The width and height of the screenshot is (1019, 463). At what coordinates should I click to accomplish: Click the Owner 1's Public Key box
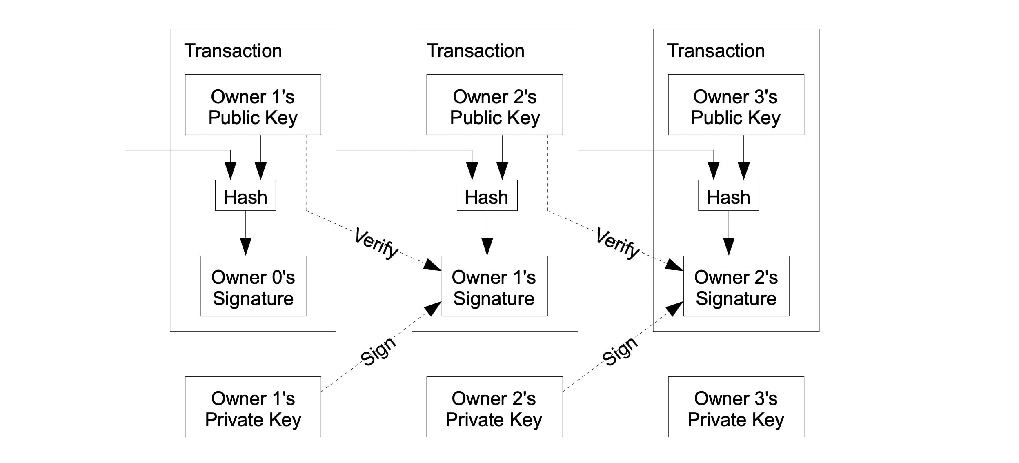click(x=253, y=105)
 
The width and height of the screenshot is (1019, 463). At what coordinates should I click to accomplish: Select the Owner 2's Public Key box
click(x=494, y=105)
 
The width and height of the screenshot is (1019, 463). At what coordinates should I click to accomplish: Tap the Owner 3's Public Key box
click(x=736, y=105)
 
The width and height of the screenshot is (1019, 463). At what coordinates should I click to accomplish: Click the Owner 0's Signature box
click(x=253, y=286)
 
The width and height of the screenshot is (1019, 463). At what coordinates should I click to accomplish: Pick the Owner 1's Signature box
click(x=494, y=286)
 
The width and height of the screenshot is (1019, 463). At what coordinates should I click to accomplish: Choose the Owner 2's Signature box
click(x=736, y=286)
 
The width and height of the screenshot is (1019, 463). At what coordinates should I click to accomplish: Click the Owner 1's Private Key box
click(x=253, y=407)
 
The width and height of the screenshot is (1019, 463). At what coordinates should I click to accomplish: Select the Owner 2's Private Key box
click(x=494, y=407)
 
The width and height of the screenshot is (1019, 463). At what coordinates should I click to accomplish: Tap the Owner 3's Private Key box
click(x=736, y=407)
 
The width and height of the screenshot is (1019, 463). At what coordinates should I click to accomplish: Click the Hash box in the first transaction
click(x=245, y=196)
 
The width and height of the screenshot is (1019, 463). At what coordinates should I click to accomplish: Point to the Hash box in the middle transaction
click(x=487, y=196)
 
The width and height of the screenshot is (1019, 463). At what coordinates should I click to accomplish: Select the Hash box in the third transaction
click(x=728, y=196)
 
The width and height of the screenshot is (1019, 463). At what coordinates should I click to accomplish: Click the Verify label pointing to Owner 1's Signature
click(x=376, y=244)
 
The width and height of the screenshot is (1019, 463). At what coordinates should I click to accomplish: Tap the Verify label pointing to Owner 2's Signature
click(x=617, y=244)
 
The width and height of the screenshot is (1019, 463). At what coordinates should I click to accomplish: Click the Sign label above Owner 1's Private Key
click(x=378, y=351)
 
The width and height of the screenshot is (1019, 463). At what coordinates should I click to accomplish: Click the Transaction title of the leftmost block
click(x=233, y=51)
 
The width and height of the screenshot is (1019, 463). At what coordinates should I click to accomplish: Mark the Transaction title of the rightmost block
click(x=716, y=51)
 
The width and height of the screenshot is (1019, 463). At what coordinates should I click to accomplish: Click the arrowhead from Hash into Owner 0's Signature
click(x=245, y=246)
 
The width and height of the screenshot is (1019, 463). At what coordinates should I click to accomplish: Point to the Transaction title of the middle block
click(x=475, y=51)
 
